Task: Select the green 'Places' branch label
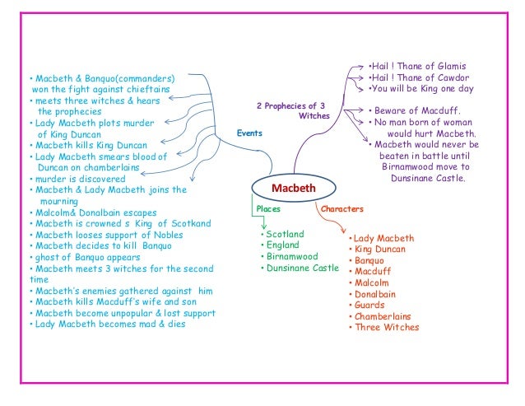click(x=268, y=209)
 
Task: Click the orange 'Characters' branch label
click(x=341, y=209)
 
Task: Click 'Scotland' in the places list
click(x=284, y=234)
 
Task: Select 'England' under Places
click(x=283, y=245)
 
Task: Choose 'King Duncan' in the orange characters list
click(x=381, y=249)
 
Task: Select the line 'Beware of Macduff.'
click(x=415, y=110)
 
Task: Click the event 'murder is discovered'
click(x=77, y=179)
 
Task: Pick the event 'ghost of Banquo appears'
click(x=83, y=256)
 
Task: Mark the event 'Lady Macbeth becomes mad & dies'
click(x=107, y=324)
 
